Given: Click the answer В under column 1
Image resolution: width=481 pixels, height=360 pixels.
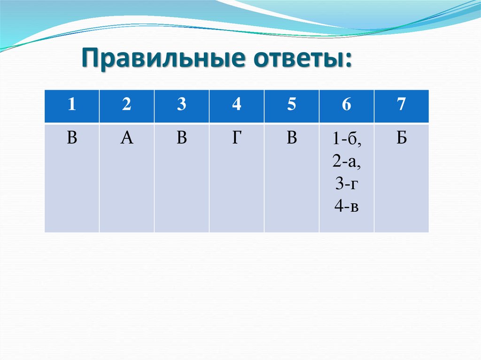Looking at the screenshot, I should [x=71, y=138].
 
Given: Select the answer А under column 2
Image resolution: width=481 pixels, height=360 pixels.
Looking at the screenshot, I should [x=126, y=138].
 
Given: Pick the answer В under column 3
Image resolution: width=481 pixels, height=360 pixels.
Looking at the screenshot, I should [x=182, y=138].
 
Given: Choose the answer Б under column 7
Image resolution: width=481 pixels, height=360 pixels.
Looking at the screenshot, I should [x=401, y=138].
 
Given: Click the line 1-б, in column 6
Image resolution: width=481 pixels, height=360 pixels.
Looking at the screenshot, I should [x=346, y=139].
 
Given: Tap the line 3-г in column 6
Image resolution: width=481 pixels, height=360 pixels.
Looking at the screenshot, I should [x=346, y=184].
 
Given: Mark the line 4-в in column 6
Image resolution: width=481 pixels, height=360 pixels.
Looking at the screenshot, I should [x=346, y=206].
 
